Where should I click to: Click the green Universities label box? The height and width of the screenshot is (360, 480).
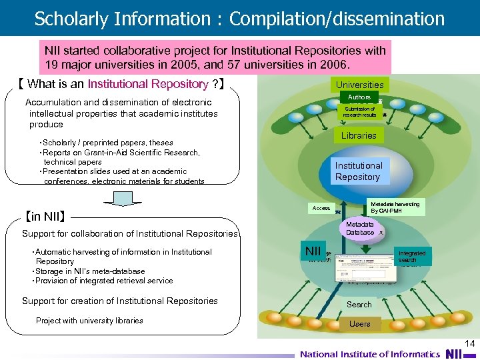pyautogui.click(x=359, y=85)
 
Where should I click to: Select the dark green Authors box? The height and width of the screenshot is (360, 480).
pyautogui.click(x=359, y=97)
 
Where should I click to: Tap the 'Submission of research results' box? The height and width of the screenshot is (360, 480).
pyautogui.click(x=359, y=112)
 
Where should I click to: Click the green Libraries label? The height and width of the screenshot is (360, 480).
pyautogui.click(x=359, y=135)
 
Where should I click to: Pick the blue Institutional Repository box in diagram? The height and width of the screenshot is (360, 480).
pyautogui.click(x=359, y=171)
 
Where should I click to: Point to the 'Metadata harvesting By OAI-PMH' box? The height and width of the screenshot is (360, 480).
pyautogui.click(x=395, y=207)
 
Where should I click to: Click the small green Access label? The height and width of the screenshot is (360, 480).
pyautogui.click(x=321, y=208)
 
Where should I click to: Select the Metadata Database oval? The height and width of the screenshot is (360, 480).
pyautogui.click(x=360, y=228)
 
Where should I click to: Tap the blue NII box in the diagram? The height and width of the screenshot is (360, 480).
pyautogui.click(x=313, y=251)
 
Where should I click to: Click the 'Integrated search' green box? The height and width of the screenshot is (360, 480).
pyautogui.click(x=411, y=257)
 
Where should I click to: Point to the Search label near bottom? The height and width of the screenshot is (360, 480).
pyautogui.click(x=359, y=305)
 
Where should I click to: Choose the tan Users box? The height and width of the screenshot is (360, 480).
pyautogui.click(x=359, y=324)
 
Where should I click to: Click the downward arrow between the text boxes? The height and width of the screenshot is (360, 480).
pyautogui.click(x=123, y=199)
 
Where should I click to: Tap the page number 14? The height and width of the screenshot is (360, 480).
pyautogui.click(x=469, y=343)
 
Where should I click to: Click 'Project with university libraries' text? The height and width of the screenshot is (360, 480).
pyautogui.click(x=89, y=321)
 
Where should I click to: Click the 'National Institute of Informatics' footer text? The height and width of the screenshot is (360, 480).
pyautogui.click(x=369, y=354)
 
